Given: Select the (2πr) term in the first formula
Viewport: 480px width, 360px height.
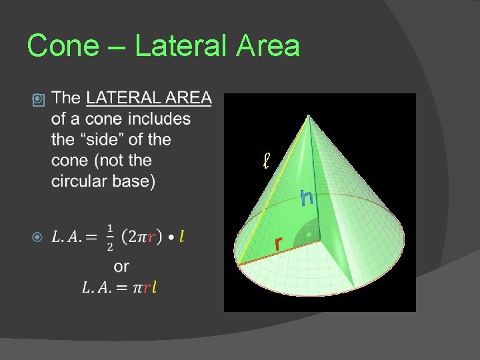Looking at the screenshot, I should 143,237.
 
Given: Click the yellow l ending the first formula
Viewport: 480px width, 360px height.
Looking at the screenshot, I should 182,237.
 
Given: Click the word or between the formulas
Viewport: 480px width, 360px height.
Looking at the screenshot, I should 121,267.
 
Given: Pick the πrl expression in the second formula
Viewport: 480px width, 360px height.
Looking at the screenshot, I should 145,287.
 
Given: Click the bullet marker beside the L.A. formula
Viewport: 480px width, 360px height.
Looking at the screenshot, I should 38,237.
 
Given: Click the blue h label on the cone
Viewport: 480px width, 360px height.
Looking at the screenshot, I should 307,197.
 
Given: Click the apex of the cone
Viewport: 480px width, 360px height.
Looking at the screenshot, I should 308,117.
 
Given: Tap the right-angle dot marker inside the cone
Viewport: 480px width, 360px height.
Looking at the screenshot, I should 309,234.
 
